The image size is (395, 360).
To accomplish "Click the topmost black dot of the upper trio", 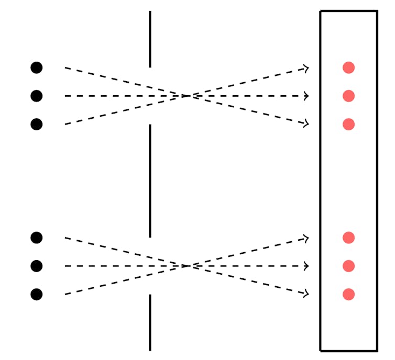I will point(36,67).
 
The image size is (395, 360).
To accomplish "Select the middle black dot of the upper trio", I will point(36,96).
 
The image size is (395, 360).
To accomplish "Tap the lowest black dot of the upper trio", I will point(36,124).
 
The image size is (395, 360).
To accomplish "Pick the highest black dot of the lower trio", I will point(36,238).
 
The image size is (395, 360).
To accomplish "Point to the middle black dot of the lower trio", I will point(36,266).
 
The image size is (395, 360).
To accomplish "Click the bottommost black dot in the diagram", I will point(36,294).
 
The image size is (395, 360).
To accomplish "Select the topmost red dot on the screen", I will point(348,67).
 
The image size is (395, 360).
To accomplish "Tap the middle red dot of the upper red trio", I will point(348,96).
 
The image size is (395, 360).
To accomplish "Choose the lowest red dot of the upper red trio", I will point(348,124).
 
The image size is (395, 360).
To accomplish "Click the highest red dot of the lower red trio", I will point(348,238).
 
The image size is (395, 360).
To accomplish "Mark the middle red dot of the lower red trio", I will point(348,266).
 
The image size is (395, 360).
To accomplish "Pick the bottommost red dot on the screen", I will point(348,294).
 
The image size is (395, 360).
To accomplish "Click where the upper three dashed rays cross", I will point(187,96).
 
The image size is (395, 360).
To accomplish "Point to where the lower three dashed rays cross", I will point(187,266).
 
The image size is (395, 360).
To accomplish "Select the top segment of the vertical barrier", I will point(150,39).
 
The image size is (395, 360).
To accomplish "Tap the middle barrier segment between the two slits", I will point(150,181).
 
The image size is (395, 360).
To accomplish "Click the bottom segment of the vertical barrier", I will point(150,322).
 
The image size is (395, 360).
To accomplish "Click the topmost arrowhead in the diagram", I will point(305,68).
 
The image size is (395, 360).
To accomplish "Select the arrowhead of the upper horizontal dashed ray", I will point(306,96).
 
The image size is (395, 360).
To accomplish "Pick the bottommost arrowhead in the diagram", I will point(305,294).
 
